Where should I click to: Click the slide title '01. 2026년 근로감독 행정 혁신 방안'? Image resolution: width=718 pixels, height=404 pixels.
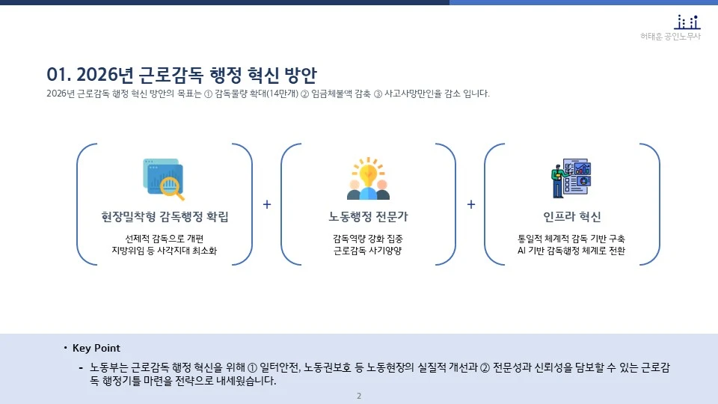pyautogui.click(x=182, y=75)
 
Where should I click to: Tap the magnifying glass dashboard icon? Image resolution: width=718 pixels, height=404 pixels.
pyautogui.click(x=164, y=179)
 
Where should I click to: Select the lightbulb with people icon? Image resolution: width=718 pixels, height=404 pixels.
pyautogui.click(x=368, y=179)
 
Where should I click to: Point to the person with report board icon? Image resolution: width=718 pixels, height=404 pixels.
pyautogui.click(x=571, y=178)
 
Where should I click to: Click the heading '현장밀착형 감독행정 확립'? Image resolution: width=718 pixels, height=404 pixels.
pyautogui.click(x=165, y=217)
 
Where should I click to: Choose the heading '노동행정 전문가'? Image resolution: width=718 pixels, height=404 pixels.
pyautogui.click(x=368, y=217)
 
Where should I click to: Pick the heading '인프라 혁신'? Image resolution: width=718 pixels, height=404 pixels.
pyautogui.click(x=572, y=217)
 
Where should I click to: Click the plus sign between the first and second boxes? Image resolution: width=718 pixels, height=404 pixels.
pyautogui.click(x=267, y=204)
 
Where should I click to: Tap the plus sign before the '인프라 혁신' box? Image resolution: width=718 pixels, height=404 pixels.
pyautogui.click(x=471, y=204)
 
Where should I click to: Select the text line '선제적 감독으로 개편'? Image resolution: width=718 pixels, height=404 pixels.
pyautogui.click(x=165, y=239)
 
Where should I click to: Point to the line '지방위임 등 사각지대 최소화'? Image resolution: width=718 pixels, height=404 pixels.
pyautogui.click(x=165, y=251)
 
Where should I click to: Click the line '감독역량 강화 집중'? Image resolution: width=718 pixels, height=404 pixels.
pyautogui.click(x=368, y=239)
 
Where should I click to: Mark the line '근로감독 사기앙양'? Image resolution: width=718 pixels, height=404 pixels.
pyautogui.click(x=368, y=251)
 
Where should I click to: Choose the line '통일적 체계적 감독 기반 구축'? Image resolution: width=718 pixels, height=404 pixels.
pyautogui.click(x=572, y=239)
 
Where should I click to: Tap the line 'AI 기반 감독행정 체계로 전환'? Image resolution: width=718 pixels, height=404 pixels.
pyautogui.click(x=572, y=251)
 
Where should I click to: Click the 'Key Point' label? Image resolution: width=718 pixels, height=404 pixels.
pyautogui.click(x=96, y=349)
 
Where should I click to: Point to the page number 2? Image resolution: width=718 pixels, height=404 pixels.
pyautogui.click(x=359, y=396)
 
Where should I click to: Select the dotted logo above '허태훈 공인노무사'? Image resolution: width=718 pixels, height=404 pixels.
pyautogui.click(x=687, y=22)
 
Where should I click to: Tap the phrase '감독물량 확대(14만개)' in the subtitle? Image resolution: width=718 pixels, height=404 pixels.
pyautogui.click(x=256, y=94)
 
